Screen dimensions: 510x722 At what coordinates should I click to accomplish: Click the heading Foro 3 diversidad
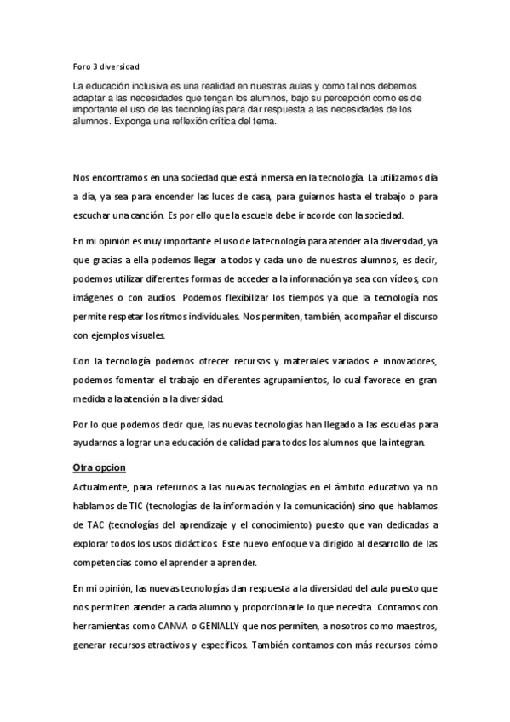point(106,65)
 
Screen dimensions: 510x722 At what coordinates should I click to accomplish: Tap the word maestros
point(413,627)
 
